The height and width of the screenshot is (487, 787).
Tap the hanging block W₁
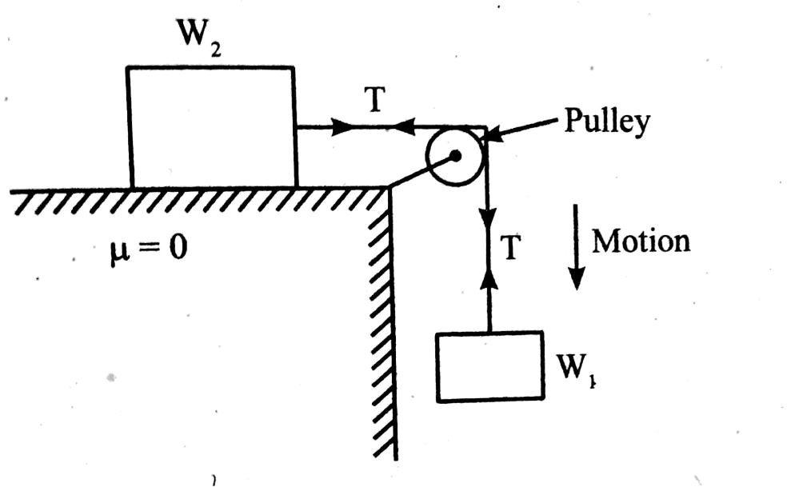pos(489,365)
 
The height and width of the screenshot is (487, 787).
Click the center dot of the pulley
pos(454,156)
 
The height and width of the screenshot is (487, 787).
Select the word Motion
pos(641,242)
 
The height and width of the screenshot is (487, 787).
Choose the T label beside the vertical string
pos(513,249)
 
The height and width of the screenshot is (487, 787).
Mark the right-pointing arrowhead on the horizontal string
pos(339,127)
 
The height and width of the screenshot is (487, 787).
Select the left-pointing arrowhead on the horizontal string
pos(404,127)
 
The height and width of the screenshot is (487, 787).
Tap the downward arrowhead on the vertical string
pos(487,218)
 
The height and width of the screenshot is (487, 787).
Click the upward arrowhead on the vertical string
pos(487,280)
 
